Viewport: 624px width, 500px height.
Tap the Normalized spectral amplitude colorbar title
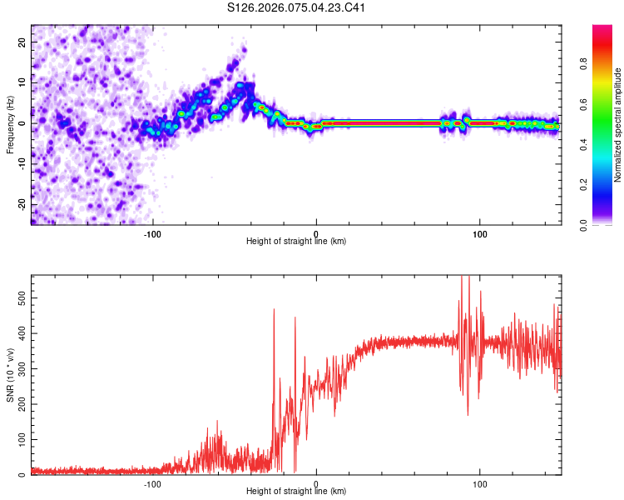[x=618, y=125]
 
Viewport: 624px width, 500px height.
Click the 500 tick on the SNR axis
[x=20, y=296]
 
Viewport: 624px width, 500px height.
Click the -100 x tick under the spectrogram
[x=152, y=233]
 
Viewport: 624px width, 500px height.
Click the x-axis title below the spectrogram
[x=296, y=242]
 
